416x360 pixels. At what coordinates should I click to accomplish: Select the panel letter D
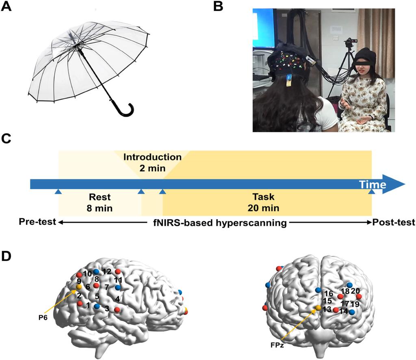7,257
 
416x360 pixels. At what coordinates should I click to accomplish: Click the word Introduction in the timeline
152,157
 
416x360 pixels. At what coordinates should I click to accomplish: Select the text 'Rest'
100,198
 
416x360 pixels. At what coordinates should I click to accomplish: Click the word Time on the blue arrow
373,185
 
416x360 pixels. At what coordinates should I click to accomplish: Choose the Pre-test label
37,222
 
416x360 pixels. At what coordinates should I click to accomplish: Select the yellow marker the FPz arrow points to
319,308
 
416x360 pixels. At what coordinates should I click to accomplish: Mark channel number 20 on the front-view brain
355,291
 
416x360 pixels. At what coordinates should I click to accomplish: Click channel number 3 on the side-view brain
107,308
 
